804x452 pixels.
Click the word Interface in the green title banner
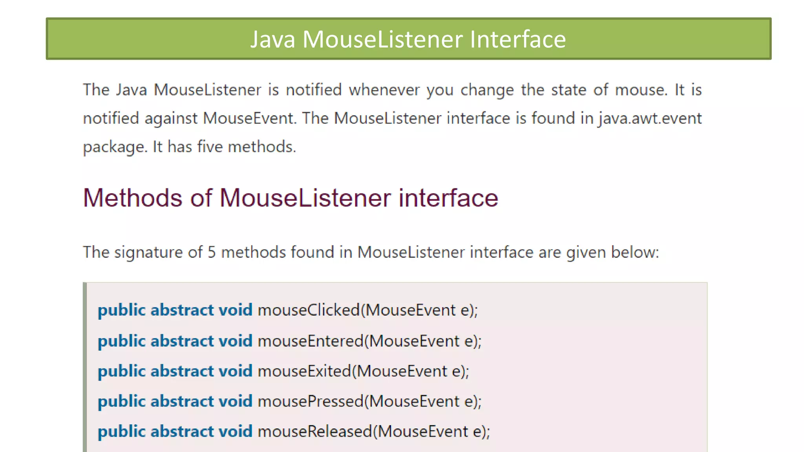click(x=518, y=39)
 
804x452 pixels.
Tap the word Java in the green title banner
click(x=272, y=39)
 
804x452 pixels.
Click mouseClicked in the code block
click(x=309, y=310)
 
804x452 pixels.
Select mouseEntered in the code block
click(x=311, y=341)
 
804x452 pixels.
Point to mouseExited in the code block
click(x=304, y=371)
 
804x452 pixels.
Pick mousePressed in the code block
click(x=311, y=401)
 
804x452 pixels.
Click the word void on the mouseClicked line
click(x=235, y=310)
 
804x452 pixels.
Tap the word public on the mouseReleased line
click(x=121, y=432)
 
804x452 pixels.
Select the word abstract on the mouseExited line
click(x=182, y=371)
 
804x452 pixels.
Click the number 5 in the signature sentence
click(x=212, y=252)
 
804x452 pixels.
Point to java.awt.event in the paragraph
click(x=650, y=118)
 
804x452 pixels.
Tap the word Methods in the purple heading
click(x=133, y=197)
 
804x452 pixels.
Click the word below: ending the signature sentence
click(x=635, y=252)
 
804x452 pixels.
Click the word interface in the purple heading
click(x=448, y=197)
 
